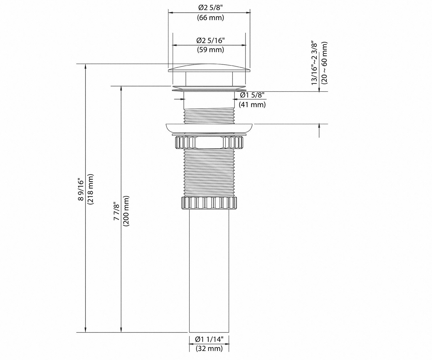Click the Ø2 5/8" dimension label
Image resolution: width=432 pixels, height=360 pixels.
click(211, 8)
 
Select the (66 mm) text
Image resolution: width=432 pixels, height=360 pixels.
click(210, 18)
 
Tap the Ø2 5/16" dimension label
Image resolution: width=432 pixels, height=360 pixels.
click(210, 40)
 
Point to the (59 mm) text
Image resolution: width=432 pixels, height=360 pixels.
click(210, 50)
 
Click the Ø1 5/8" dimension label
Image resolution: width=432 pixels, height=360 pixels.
click(252, 95)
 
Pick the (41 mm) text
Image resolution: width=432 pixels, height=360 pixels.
click(252, 104)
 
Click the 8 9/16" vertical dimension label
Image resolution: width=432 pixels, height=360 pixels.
click(81, 189)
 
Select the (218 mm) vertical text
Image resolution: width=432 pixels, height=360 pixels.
click(91, 189)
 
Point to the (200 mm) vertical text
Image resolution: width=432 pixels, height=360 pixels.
click(126, 211)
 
